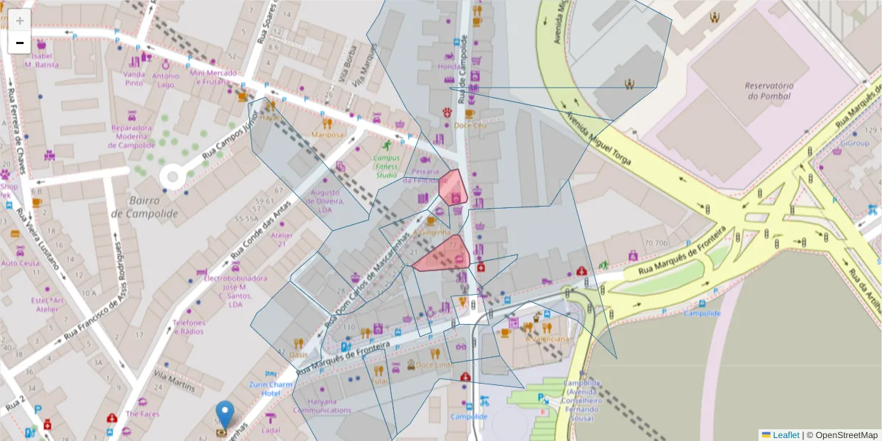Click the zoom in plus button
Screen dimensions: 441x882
[20, 21]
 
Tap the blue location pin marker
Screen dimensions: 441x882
[226, 414]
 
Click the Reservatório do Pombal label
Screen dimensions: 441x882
[768, 90]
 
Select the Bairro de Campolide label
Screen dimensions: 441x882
[145, 207]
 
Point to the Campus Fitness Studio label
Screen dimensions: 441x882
[387, 165]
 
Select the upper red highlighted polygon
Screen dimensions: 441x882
[453, 188]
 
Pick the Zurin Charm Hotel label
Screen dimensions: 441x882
[270, 389]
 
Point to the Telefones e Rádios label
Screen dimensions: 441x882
[189, 327]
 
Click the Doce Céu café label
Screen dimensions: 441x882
[470, 125]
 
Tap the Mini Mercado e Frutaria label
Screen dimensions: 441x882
[213, 77]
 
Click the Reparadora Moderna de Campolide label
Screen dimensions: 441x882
[132, 136]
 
